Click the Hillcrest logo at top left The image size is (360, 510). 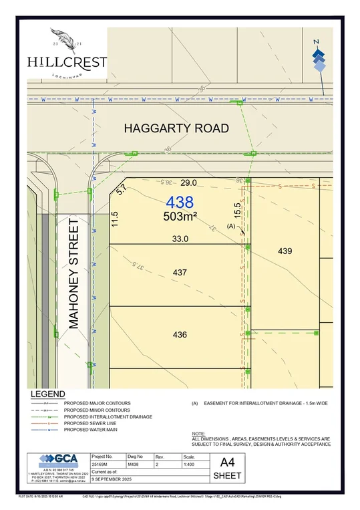[67, 53]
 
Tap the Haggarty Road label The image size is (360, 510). [176, 128]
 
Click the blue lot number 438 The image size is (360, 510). [180, 202]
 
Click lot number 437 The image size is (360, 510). [179, 273]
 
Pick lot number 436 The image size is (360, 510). [179, 335]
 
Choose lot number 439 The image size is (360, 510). [285, 251]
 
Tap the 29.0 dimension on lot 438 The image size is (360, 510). [189, 182]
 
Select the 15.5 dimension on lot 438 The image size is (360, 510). [236, 210]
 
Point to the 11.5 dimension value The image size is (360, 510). [115, 219]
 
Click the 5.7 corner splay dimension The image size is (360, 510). [121, 190]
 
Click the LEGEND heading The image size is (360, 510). [47, 394]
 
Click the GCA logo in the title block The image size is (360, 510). [59, 462]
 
